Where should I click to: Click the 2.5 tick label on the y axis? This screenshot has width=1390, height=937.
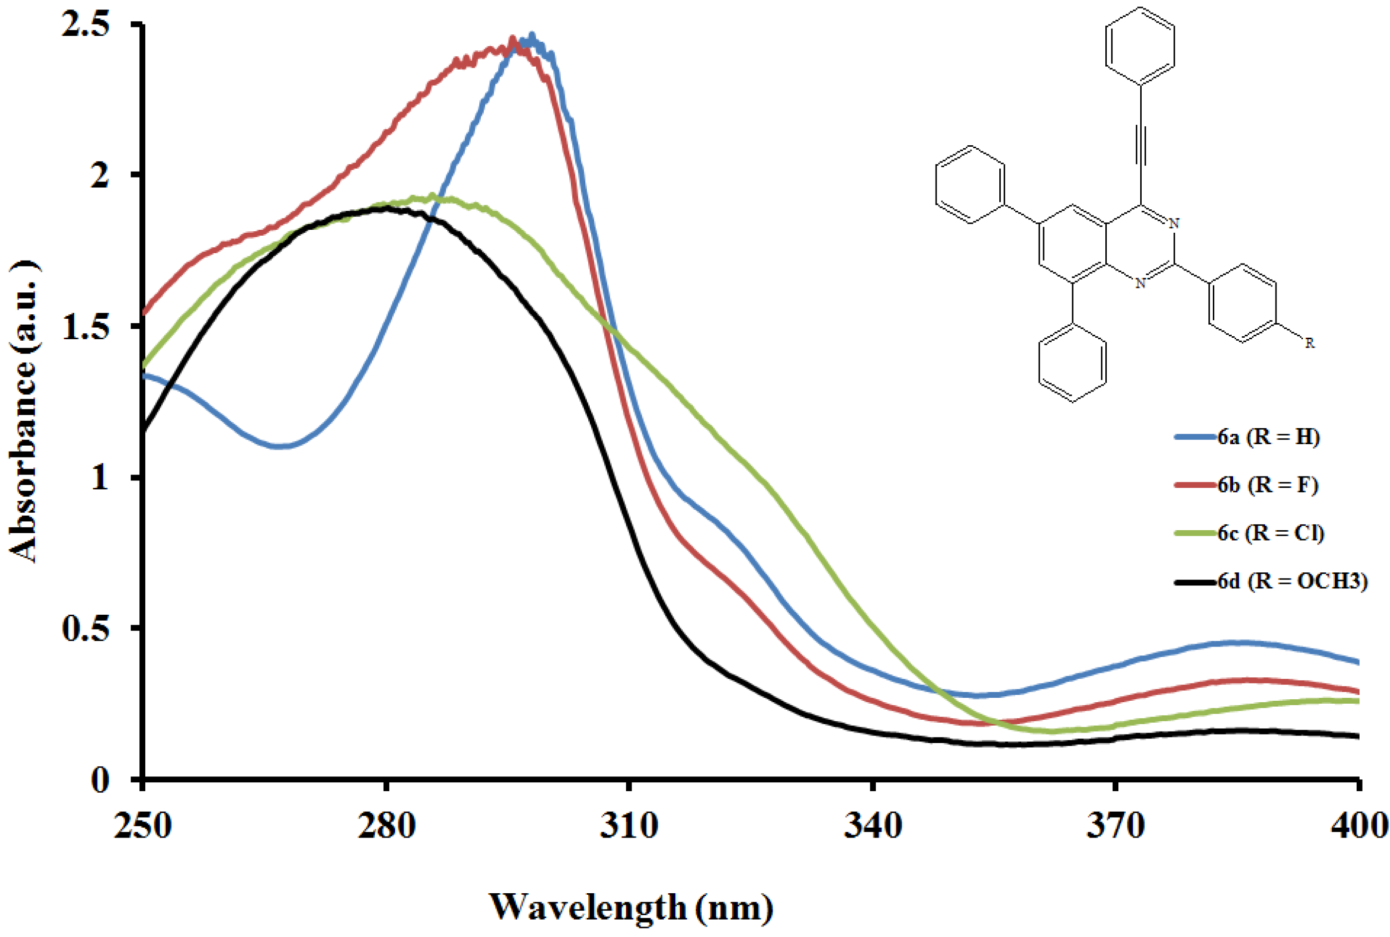(x=87, y=27)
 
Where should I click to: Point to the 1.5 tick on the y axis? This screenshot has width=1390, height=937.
(x=87, y=328)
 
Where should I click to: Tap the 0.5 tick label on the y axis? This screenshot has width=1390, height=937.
(x=87, y=629)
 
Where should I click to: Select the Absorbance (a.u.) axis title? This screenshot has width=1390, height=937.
(x=24, y=412)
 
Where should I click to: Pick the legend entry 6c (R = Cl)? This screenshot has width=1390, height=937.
(x=1271, y=533)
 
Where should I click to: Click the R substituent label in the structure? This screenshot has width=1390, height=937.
(x=1309, y=343)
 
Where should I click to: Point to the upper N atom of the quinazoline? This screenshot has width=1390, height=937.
(x=1174, y=223)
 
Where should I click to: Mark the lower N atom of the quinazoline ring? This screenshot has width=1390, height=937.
(x=1140, y=283)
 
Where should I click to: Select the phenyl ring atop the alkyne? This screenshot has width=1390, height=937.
(x=1140, y=45)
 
